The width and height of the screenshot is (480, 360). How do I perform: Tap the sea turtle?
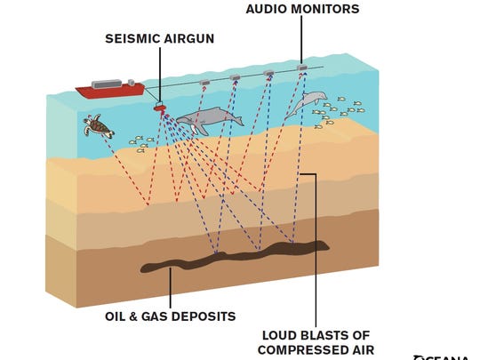(x=100, y=126)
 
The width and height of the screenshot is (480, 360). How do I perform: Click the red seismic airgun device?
(x=161, y=108)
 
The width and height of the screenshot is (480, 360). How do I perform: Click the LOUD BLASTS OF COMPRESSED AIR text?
(x=314, y=342)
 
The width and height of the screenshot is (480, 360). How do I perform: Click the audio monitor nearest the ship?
(x=204, y=82)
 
